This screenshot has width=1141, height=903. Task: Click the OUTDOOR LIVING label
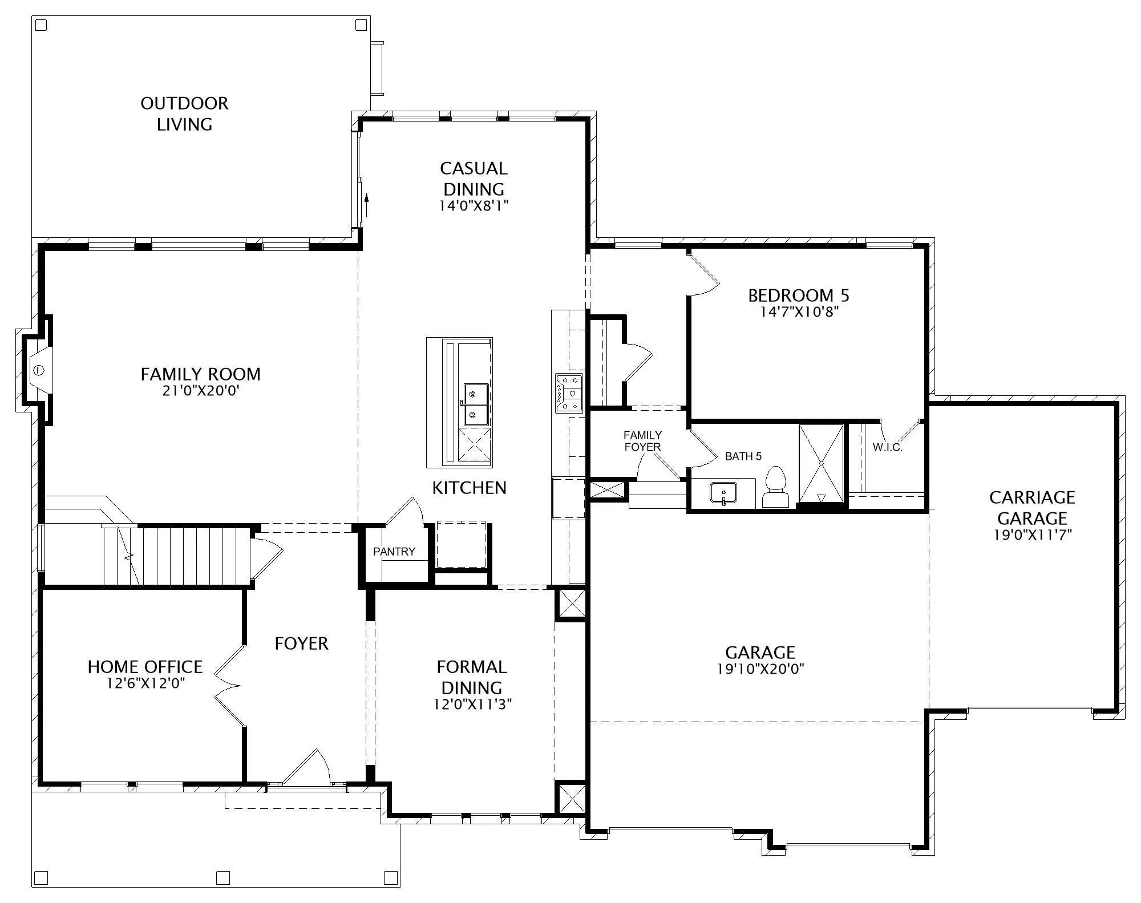184,114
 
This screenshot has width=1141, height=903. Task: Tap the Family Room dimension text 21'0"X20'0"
200,391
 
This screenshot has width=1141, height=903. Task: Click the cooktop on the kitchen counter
569,392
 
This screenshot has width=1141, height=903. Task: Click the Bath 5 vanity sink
723,493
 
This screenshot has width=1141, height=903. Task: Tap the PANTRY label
394,552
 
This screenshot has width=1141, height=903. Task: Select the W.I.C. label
888,448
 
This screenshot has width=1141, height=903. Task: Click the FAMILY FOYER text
642,441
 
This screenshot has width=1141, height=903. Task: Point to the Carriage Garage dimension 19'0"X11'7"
1033,535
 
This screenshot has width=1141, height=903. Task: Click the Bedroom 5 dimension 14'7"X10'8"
799,312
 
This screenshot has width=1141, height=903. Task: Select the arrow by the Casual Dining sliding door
366,204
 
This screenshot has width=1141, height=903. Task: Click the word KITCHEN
469,488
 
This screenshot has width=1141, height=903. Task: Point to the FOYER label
301,643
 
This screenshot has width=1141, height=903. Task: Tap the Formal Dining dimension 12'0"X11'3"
472,704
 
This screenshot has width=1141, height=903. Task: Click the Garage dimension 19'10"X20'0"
760,669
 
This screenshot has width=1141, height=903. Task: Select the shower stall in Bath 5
821,464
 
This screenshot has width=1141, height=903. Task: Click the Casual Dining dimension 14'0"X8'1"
474,205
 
